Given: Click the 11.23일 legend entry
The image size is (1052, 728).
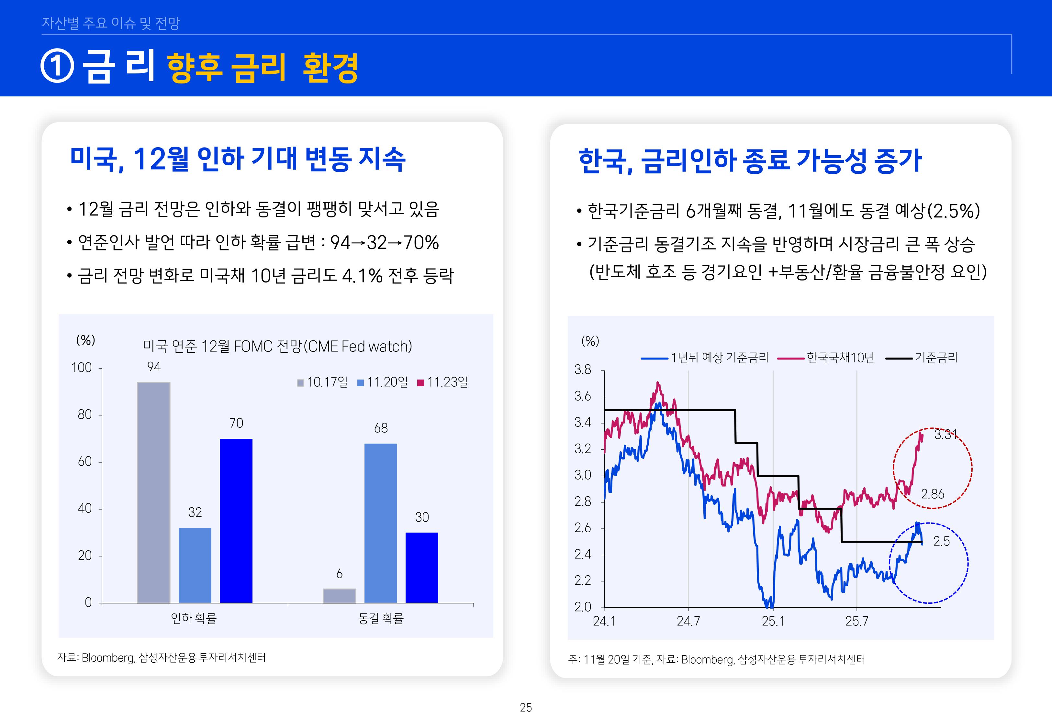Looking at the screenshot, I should [x=442, y=382].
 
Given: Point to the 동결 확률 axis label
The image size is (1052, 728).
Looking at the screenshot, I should [x=380, y=619].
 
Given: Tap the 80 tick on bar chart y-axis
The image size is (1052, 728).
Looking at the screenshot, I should [x=85, y=414].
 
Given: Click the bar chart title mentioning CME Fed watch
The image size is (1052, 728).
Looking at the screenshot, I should [x=277, y=347].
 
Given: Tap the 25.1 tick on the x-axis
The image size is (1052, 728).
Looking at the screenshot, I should [x=773, y=621].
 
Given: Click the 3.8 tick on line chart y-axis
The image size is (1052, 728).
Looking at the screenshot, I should [x=583, y=370].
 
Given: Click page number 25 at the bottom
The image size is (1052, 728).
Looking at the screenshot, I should [x=526, y=708].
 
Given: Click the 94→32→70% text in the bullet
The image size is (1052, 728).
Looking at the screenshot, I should [x=384, y=243].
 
